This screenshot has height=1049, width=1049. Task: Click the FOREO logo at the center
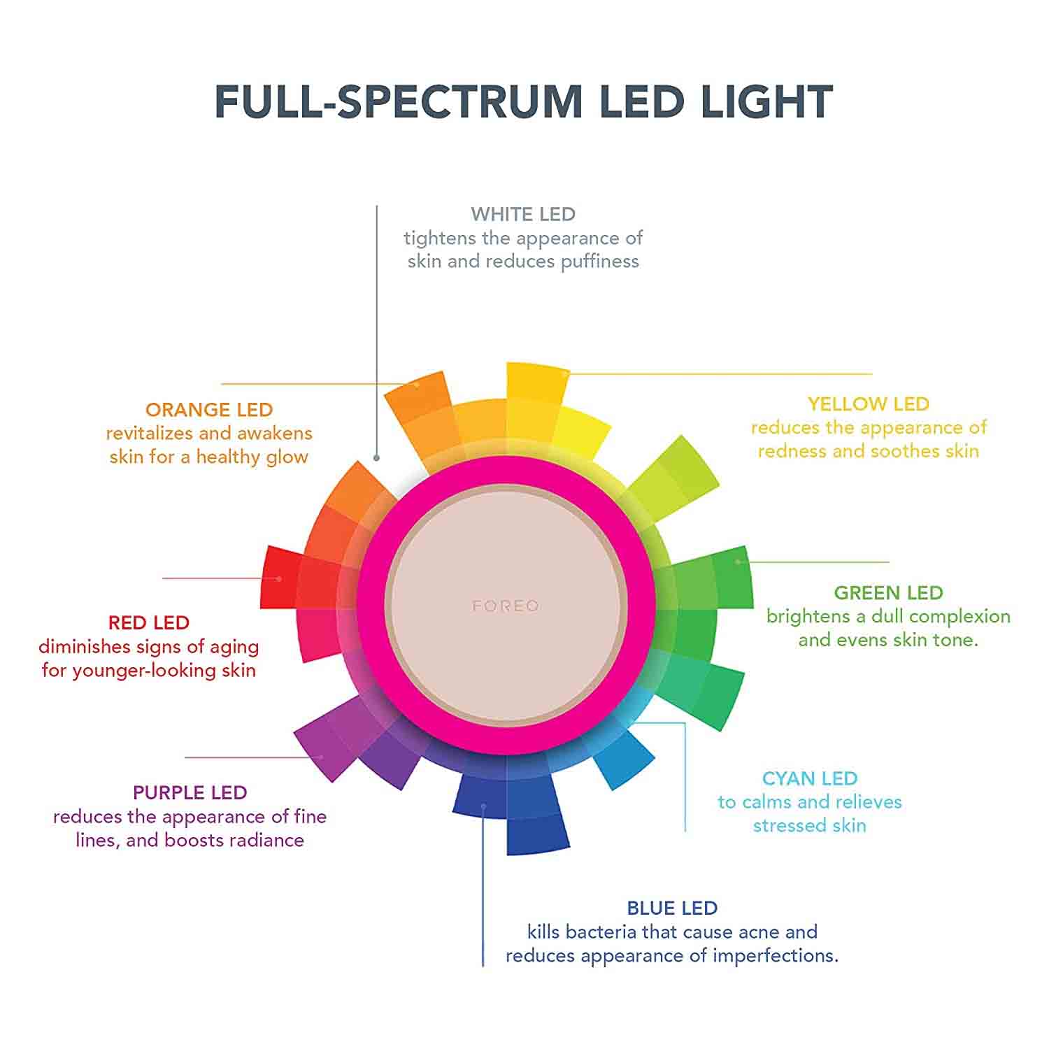[506, 606]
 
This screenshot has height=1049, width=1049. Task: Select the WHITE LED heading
[523, 214]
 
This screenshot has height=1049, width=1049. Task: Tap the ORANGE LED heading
[209, 410]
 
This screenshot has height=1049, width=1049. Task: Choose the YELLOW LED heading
[869, 404]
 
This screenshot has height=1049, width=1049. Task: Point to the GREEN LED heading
[888, 593]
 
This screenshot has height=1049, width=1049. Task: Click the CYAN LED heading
[810, 778]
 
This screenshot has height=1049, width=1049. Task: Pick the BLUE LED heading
[672, 908]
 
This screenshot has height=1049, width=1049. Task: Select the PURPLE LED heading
[190, 793]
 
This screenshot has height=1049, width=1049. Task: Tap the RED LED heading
[149, 623]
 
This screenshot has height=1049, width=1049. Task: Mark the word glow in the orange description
[287, 457]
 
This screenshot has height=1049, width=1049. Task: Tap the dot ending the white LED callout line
[376, 458]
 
